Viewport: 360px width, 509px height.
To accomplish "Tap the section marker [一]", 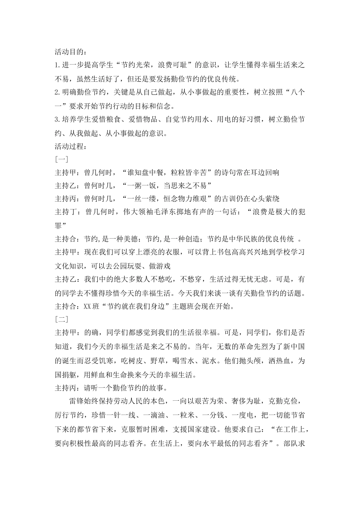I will pos(61,159).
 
